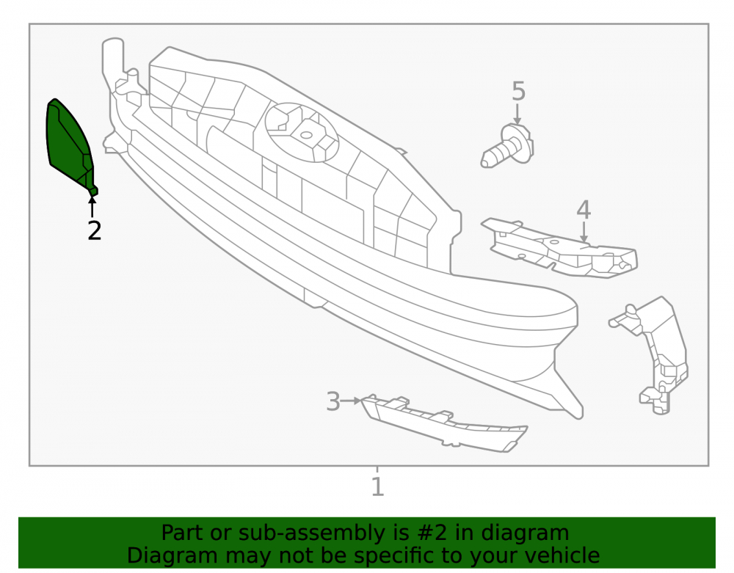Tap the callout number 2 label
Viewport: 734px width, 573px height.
pos(95,231)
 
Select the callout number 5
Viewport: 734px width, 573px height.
pos(518,91)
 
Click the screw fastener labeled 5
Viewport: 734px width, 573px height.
pos(508,145)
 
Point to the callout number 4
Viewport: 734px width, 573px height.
pos(584,210)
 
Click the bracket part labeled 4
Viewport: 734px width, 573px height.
pos(559,248)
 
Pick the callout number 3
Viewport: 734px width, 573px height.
pos(333,402)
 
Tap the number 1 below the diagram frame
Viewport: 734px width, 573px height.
pos(377,486)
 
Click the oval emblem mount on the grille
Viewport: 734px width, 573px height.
pos(302,132)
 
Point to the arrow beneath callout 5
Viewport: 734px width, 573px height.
pos(517,114)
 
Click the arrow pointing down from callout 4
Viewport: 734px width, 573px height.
pos(584,232)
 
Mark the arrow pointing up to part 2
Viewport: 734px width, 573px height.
pos(92,207)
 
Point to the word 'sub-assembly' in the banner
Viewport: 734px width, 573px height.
pos(310,533)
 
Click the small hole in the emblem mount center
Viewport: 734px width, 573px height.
pos(306,135)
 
